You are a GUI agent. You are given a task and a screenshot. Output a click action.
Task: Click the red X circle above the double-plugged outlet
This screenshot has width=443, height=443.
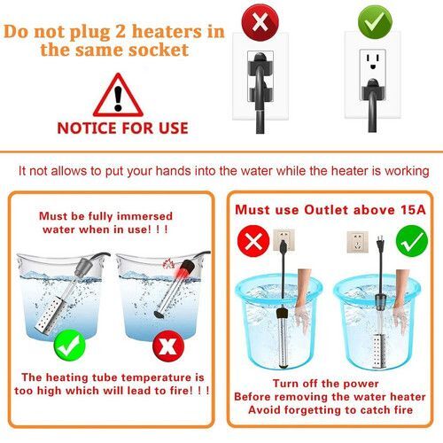(x=260, y=22)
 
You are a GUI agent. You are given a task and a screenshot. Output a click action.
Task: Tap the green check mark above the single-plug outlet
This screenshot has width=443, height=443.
(x=375, y=22)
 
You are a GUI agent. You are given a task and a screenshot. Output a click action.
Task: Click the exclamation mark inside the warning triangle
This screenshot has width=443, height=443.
(x=118, y=98)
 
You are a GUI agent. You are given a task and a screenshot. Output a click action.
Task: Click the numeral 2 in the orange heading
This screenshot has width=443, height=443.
(x=120, y=31)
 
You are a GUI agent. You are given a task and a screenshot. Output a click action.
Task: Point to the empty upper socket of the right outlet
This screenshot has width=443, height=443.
(x=373, y=61)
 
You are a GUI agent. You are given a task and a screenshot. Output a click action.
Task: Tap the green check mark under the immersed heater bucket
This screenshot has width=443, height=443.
(x=70, y=345)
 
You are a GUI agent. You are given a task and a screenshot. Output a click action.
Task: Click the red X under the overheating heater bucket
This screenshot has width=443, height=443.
(x=168, y=346)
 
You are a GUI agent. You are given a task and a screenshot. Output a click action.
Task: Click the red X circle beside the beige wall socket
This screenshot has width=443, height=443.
(x=253, y=241)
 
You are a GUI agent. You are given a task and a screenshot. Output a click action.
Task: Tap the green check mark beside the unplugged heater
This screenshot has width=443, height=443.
(x=412, y=241)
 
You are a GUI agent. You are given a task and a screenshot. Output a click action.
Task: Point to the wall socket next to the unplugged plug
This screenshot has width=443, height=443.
(x=358, y=242)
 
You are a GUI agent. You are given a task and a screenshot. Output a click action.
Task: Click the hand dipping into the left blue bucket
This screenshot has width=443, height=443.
(x=303, y=299)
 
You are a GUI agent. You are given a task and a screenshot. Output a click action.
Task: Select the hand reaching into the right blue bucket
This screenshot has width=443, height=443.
(x=401, y=299)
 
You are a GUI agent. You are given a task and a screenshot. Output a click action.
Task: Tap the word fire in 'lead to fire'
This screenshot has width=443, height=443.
(x=182, y=391)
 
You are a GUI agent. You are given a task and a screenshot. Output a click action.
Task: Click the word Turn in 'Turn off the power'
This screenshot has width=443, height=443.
(x=284, y=384)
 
